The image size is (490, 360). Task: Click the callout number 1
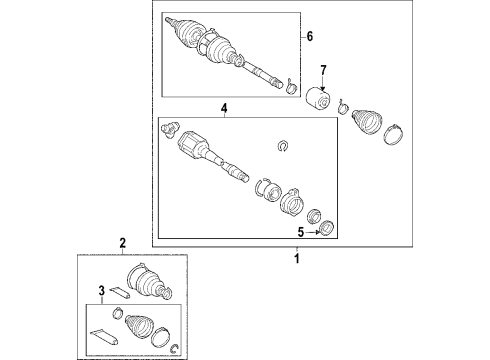coord(295,258)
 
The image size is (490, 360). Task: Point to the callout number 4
coord(224,109)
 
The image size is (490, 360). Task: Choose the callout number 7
coord(322,70)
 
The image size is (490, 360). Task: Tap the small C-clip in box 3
coord(176,347)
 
